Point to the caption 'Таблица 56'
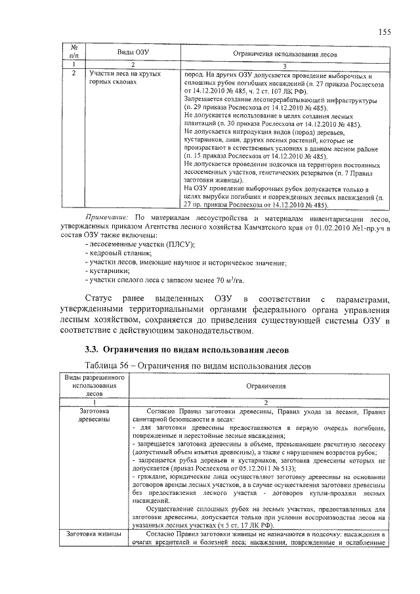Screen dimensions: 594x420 point(110,364)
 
